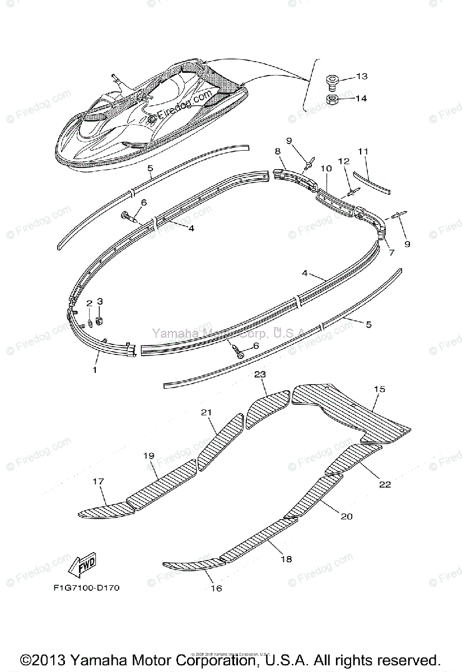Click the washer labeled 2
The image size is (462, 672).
90,324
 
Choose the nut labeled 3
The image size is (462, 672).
100,320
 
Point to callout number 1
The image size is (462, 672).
95,370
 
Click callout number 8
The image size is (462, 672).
277,151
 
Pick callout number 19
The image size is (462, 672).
148,456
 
